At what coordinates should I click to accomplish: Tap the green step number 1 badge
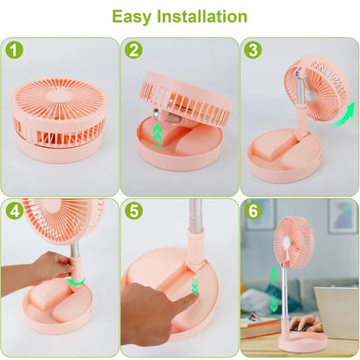coord(14,50)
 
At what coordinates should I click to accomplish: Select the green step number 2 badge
coord(133,50)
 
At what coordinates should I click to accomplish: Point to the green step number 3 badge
coord(253,50)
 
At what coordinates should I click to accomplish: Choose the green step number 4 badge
coord(14,211)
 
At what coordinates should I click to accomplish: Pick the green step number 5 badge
coord(133,211)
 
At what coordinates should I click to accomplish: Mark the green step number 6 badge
coord(253,211)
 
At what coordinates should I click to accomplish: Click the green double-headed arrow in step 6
coord(273,288)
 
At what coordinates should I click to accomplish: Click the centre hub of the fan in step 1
coord(59,103)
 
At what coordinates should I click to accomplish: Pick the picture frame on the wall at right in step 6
coord(342,216)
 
